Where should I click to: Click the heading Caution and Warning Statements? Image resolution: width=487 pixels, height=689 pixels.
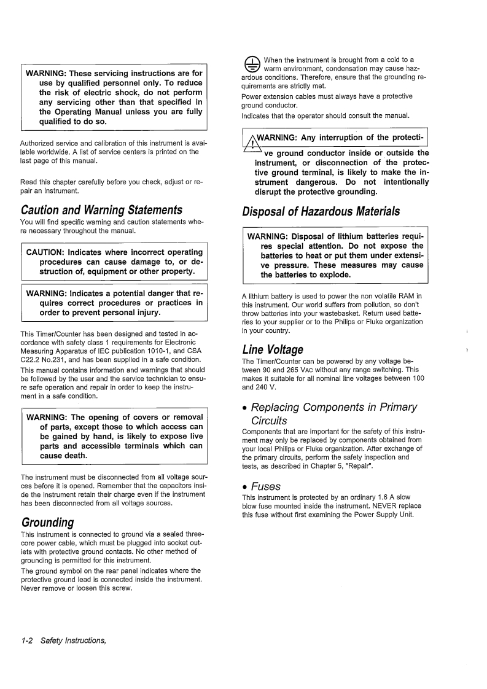[101, 210]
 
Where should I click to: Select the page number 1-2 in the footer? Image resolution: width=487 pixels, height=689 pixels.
[27, 641]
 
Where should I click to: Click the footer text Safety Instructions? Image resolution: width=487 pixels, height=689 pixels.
[73, 641]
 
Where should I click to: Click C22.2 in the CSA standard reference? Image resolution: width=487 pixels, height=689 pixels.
[33, 359]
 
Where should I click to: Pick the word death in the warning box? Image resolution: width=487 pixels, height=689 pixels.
[73, 456]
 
